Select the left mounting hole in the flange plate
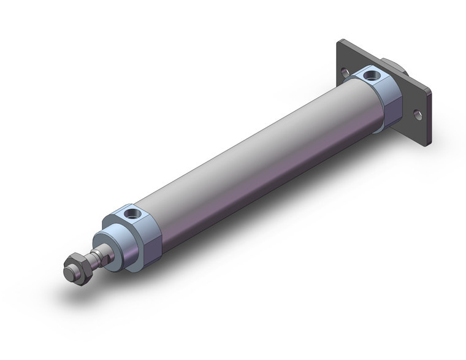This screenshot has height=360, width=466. [346, 73]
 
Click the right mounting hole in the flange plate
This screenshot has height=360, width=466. [418, 114]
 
